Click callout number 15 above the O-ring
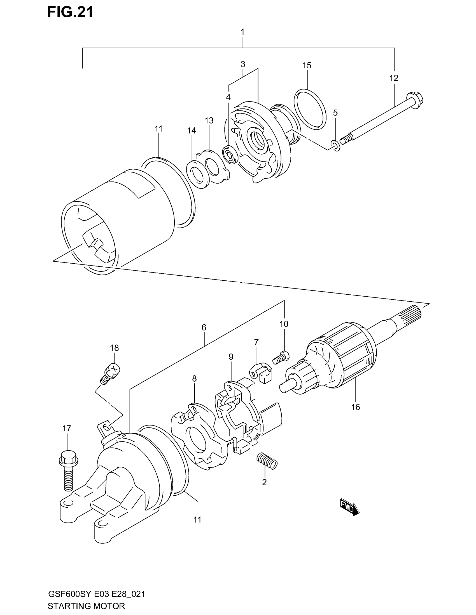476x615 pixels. [307, 65]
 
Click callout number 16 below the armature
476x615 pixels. [356, 407]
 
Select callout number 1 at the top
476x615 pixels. [242, 32]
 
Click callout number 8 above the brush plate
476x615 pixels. [194, 379]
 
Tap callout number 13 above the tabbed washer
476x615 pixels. [209, 120]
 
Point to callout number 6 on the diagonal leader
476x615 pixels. [204, 328]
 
